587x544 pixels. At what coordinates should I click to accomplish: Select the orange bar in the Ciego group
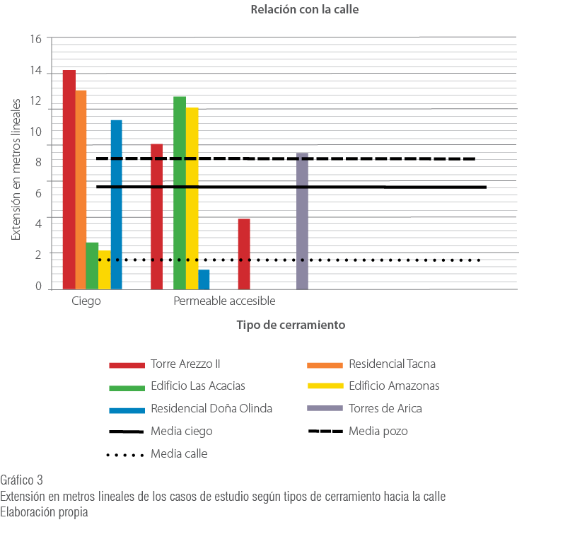pos(81,189)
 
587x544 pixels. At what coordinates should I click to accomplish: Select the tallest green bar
pos(180,192)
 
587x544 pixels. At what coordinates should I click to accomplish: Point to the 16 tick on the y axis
pos(36,39)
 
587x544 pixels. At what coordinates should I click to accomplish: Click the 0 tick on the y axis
pos(39,287)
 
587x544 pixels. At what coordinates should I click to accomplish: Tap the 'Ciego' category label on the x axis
pos(86,301)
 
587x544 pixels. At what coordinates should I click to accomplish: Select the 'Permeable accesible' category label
pos(224,301)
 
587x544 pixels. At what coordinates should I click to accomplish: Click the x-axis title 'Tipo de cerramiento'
pos(291,325)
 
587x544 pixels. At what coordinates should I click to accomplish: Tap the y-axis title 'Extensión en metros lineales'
pos(16,168)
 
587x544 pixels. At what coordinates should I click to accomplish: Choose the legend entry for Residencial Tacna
pos(392,364)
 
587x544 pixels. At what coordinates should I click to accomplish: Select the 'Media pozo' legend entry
pos(378,431)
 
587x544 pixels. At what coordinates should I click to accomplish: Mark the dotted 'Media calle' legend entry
pos(179,453)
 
